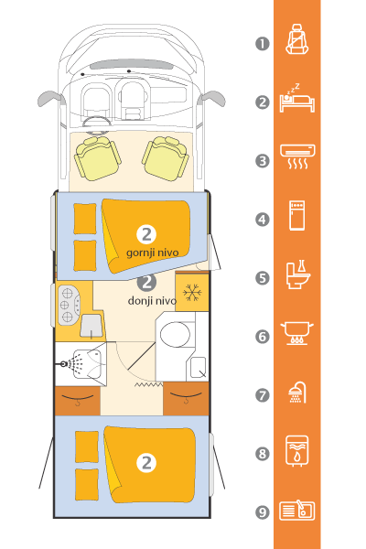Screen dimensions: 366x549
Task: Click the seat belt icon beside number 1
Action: point(297,39)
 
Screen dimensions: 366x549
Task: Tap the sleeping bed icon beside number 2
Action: point(297,99)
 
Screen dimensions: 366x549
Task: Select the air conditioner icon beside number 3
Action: point(297,156)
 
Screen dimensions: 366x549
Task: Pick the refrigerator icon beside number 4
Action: point(297,215)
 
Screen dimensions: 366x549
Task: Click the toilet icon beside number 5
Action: point(297,274)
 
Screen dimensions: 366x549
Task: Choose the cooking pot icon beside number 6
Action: point(297,333)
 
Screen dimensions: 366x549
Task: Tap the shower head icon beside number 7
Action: point(297,393)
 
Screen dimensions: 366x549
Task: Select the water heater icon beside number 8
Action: point(297,451)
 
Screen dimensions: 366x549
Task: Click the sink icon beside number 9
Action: point(297,511)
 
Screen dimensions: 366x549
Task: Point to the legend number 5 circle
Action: point(263,278)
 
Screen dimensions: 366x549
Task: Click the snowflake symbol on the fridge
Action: point(192,293)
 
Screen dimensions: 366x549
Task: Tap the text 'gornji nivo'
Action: point(153,253)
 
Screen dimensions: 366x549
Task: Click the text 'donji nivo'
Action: point(152,301)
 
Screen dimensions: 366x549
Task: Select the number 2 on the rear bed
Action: point(146,463)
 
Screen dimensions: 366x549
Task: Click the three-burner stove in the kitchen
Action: point(69,305)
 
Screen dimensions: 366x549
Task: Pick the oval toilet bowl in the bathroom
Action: point(175,334)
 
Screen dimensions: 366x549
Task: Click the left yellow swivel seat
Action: point(97,158)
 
